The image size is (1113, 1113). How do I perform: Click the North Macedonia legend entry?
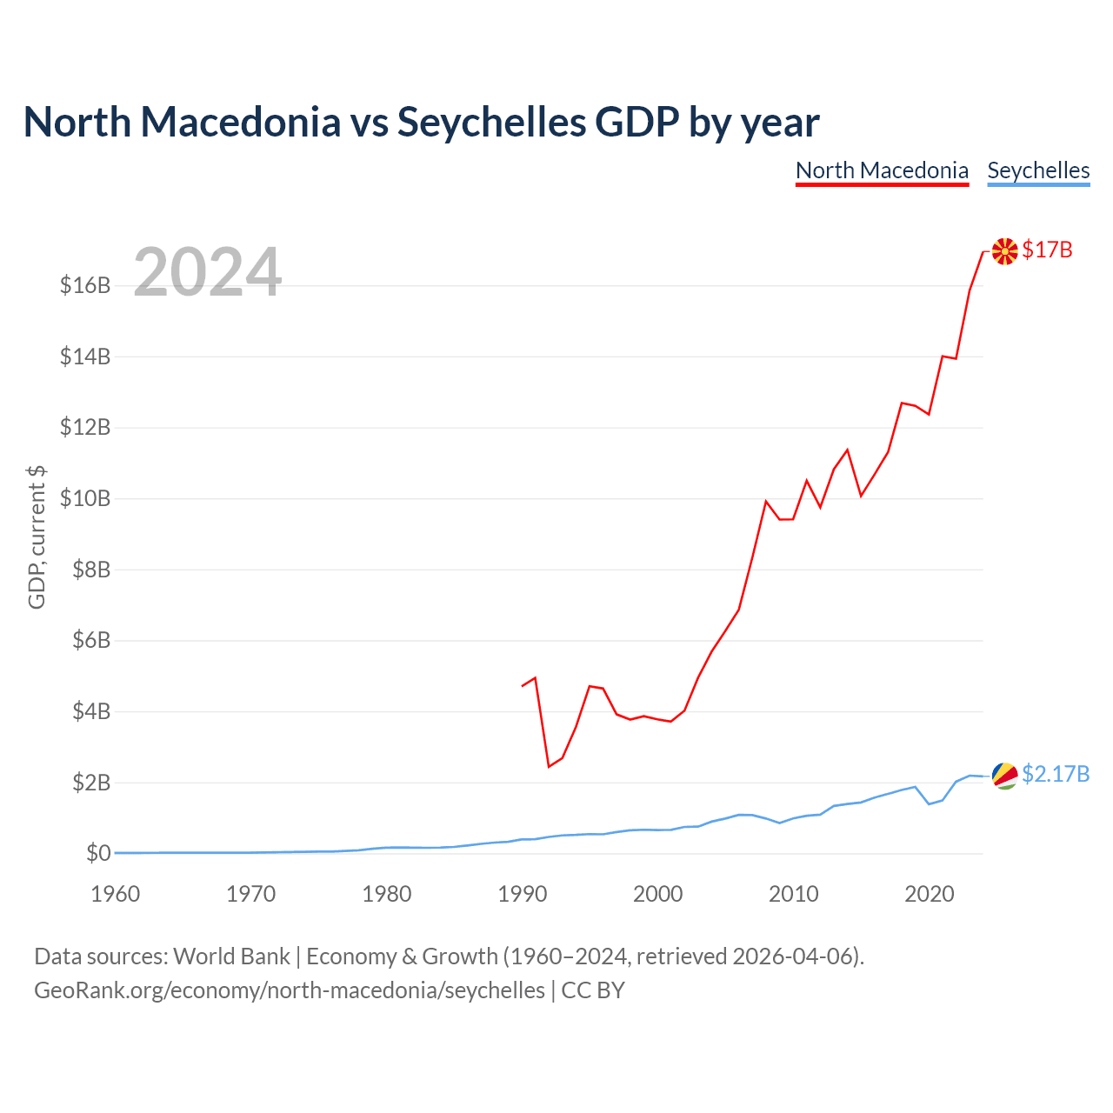point(882,171)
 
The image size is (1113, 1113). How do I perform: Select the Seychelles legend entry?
point(1038,171)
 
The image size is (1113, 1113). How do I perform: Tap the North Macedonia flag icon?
point(1004,251)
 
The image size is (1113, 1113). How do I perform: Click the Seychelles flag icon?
point(1004,775)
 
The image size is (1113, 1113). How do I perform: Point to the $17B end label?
point(1047,250)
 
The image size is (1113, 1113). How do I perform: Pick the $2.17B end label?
point(1056,774)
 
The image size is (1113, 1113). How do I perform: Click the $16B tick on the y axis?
point(85,285)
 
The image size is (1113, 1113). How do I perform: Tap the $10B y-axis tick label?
point(85,498)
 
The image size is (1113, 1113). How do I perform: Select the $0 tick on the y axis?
point(98,853)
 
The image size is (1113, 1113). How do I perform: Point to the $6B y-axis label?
point(91,640)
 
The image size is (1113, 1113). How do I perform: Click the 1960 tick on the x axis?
point(115,894)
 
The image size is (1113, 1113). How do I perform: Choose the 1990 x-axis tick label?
point(522,894)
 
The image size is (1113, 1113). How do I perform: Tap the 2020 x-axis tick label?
point(929,894)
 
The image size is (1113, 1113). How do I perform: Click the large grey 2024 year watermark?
point(208,271)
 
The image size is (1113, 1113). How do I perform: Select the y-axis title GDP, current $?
point(37,537)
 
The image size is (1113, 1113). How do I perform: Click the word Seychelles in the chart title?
point(491,122)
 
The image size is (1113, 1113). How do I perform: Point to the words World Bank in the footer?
point(231,957)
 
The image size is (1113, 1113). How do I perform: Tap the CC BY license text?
point(593,990)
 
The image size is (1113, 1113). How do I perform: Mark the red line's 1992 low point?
point(549,766)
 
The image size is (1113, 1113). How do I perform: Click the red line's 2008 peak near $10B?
point(766,502)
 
